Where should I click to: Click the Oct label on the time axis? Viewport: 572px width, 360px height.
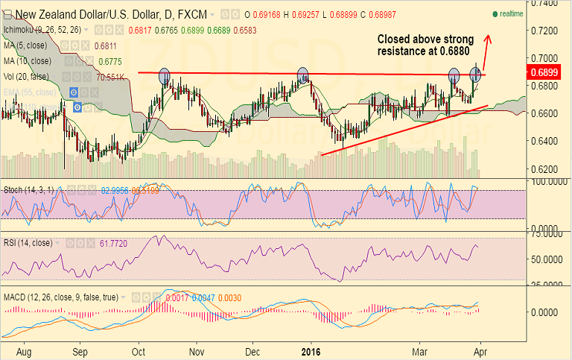click(x=139, y=349)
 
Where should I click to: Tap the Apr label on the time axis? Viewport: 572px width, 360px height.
click(x=480, y=349)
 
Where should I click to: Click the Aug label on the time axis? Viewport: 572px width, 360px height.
click(x=25, y=349)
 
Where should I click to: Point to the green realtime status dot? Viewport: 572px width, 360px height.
click(x=494, y=14)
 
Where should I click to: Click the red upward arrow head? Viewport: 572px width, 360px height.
click(x=489, y=38)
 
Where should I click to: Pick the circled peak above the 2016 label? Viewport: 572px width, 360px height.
click(x=302, y=75)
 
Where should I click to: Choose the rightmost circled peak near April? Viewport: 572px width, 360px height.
click(x=476, y=74)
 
